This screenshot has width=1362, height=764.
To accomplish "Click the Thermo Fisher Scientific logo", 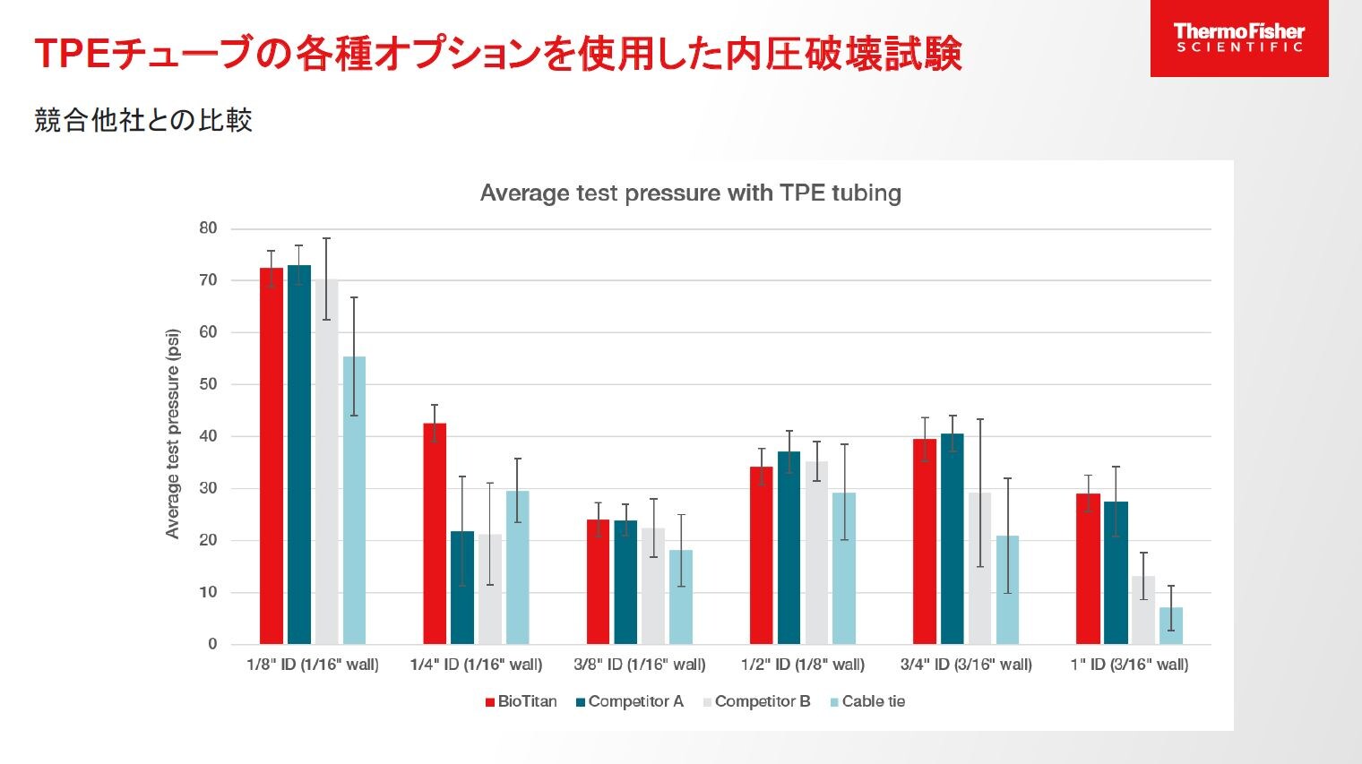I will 1238,38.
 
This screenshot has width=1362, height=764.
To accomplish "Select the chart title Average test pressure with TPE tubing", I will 690,193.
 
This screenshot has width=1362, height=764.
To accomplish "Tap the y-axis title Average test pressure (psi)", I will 173,434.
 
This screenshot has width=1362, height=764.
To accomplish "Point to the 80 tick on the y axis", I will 208,228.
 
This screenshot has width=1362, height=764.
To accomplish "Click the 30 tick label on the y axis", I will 208,488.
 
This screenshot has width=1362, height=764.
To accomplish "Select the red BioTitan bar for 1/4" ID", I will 435,534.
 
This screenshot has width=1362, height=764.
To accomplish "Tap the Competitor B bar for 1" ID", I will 1142,610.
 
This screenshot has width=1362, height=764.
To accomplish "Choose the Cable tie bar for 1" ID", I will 1170,626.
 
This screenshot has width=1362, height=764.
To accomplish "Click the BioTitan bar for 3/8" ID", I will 598,582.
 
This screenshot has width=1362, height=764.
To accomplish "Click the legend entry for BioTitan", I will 522,701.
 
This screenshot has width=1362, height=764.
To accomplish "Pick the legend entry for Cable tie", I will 867,701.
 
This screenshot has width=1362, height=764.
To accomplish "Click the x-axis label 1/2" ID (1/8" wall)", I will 802,665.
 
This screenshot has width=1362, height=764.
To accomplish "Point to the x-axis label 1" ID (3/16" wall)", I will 1129,665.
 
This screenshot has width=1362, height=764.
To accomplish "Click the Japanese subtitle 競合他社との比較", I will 143,120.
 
